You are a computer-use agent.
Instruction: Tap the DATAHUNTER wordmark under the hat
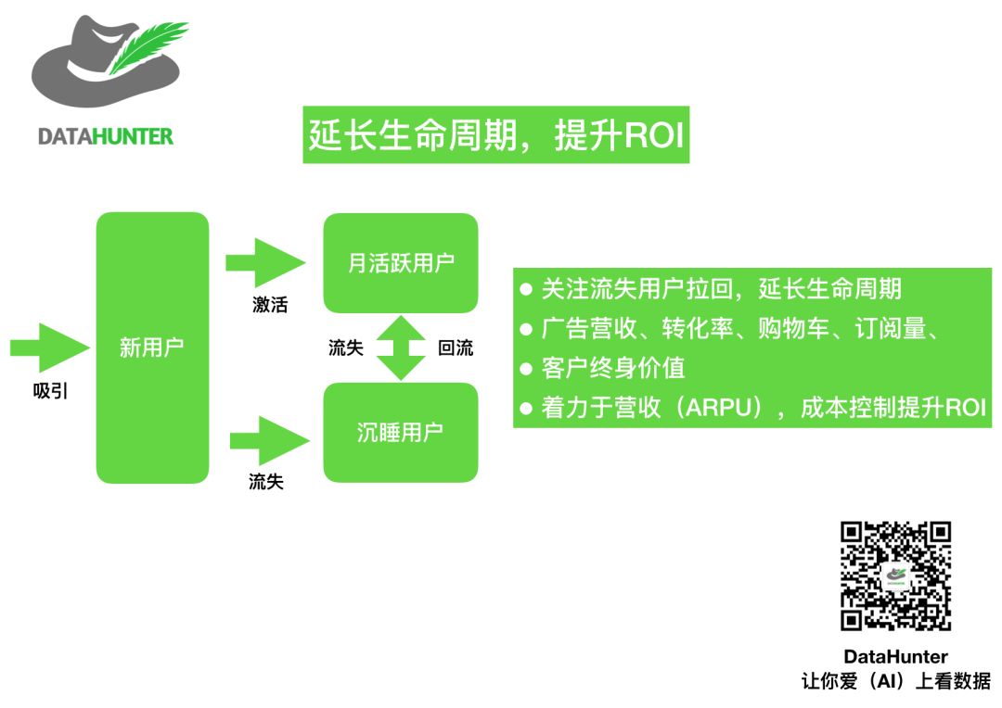106,136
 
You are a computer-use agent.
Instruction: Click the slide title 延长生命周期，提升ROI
495,135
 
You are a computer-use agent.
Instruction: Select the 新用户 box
152,348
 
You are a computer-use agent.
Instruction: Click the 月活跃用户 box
401,263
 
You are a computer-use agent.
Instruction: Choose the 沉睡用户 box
401,433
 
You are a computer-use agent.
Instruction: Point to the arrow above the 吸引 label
50,347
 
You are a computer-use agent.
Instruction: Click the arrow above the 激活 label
265,262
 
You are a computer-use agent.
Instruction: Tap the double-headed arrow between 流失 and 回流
400,348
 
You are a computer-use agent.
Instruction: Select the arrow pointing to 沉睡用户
268,441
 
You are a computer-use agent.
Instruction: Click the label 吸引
51,390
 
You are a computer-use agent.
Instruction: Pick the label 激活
269,305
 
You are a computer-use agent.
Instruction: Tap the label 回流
455,348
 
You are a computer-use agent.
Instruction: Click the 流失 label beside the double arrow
345,348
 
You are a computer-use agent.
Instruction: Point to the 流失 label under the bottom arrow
266,482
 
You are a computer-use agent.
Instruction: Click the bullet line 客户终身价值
613,368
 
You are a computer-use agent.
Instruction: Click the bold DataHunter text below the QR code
895,657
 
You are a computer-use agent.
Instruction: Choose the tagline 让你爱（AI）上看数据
895,681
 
